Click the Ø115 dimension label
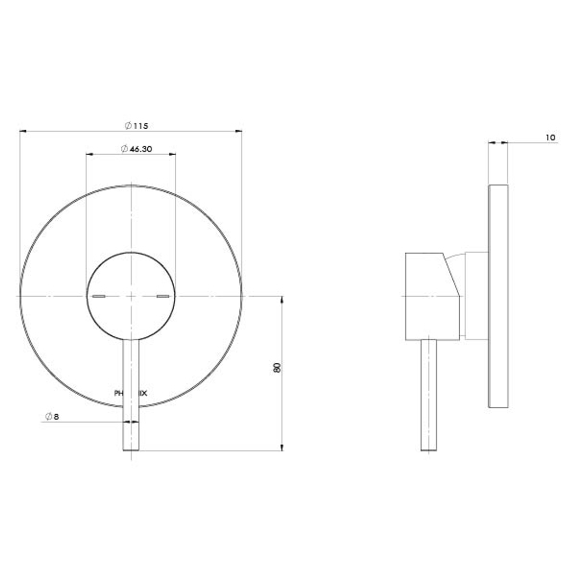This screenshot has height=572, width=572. point(136,126)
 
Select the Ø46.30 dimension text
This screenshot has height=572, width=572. point(137,149)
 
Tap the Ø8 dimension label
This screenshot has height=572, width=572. point(52,417)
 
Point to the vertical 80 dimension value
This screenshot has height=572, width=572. point(276,368)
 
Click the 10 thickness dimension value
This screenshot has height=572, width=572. point(550,138)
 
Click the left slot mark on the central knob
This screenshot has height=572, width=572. point(99,296)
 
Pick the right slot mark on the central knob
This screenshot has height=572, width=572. point(163,296)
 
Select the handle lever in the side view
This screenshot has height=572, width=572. point(428,395)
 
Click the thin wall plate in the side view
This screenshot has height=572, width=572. point(498,297)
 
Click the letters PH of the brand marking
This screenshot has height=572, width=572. point(119,394)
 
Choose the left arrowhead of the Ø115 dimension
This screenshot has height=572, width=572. point(23,131)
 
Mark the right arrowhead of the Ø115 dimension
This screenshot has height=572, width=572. point(239,131)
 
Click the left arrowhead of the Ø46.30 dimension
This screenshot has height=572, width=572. point(89,154)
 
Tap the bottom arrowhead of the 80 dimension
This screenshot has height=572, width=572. point(281,448)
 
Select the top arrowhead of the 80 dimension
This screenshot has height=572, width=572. point(281,299)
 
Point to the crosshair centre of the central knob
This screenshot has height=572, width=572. point(131,296)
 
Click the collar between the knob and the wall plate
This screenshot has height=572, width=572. point(476,296)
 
